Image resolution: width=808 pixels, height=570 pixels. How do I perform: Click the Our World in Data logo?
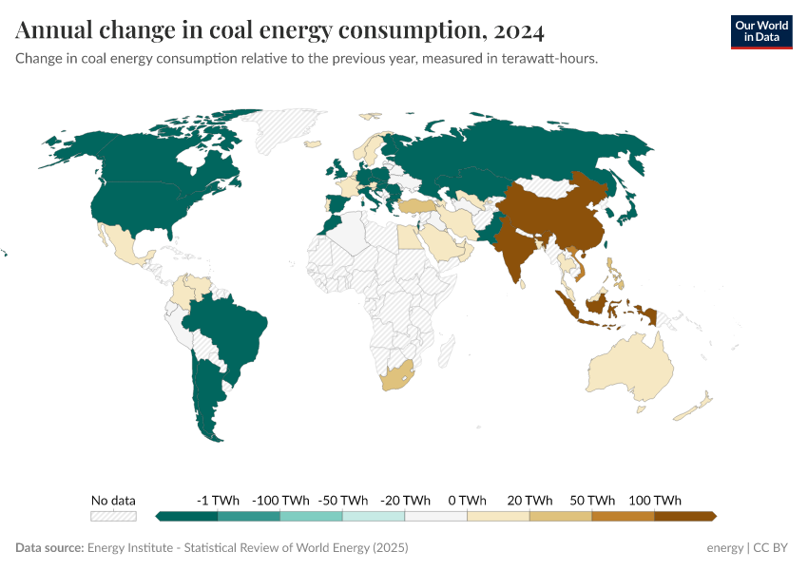tap(760, 31)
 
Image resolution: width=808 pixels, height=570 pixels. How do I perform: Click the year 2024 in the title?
tap(519, 31)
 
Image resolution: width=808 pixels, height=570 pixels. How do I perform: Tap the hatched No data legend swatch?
tap(113, 517)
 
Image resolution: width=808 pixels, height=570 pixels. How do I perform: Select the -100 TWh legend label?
tap(280, 500)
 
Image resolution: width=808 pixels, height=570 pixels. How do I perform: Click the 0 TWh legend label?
tap(467, 500)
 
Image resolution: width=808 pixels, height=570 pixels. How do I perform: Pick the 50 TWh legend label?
tap(591, 500)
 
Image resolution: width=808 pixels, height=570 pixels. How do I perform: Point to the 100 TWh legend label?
tap(654, 500)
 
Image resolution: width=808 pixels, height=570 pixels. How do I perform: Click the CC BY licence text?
tap(771, 548)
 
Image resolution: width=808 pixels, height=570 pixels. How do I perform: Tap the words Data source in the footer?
tap(49, 548)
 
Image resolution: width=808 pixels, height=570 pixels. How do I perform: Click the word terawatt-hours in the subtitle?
tap(554, 58)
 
